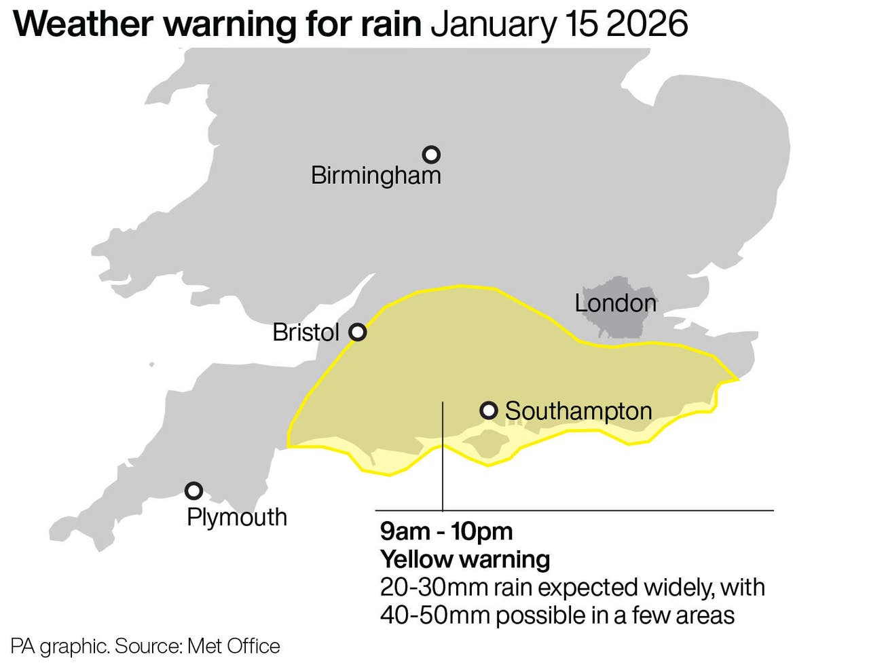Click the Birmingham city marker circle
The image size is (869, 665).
click(431, 155)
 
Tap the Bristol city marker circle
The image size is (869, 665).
click(358, 332)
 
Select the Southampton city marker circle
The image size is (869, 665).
click(489, 410)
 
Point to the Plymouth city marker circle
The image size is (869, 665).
click(194, 491)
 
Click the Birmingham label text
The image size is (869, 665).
click(375, 176)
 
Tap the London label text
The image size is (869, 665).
click(615, 303)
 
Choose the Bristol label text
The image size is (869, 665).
click(306, 332)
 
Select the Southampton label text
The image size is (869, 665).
click(578, 411)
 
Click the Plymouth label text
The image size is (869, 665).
click(236, 517)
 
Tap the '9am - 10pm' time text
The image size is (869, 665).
click(446, 531)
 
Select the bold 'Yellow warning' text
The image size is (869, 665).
click(465, 560)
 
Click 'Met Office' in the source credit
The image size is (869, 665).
click(234, 646)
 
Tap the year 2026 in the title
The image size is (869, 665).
click(646, 24)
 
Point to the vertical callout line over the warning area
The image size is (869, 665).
click(443, 461)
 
